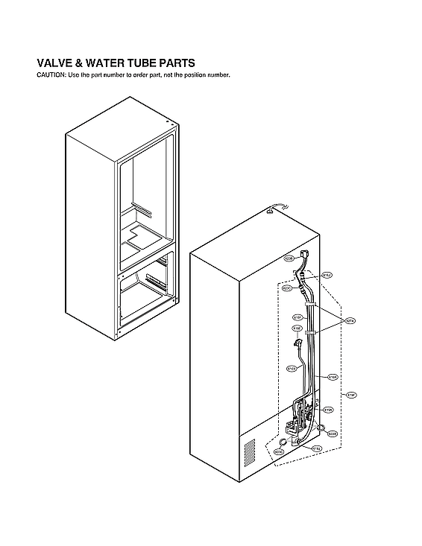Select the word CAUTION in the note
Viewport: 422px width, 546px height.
(x=51, y=76)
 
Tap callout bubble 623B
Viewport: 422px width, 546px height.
(x=289, y=258)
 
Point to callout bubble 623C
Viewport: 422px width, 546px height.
(x=286, y=288)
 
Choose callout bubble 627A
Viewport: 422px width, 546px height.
(x=350, y=321)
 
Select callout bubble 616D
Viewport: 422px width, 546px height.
(x=292, y=368)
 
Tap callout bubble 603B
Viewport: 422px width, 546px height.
(x=333, y=433)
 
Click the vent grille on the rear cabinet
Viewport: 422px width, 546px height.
(x=249, y=451)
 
